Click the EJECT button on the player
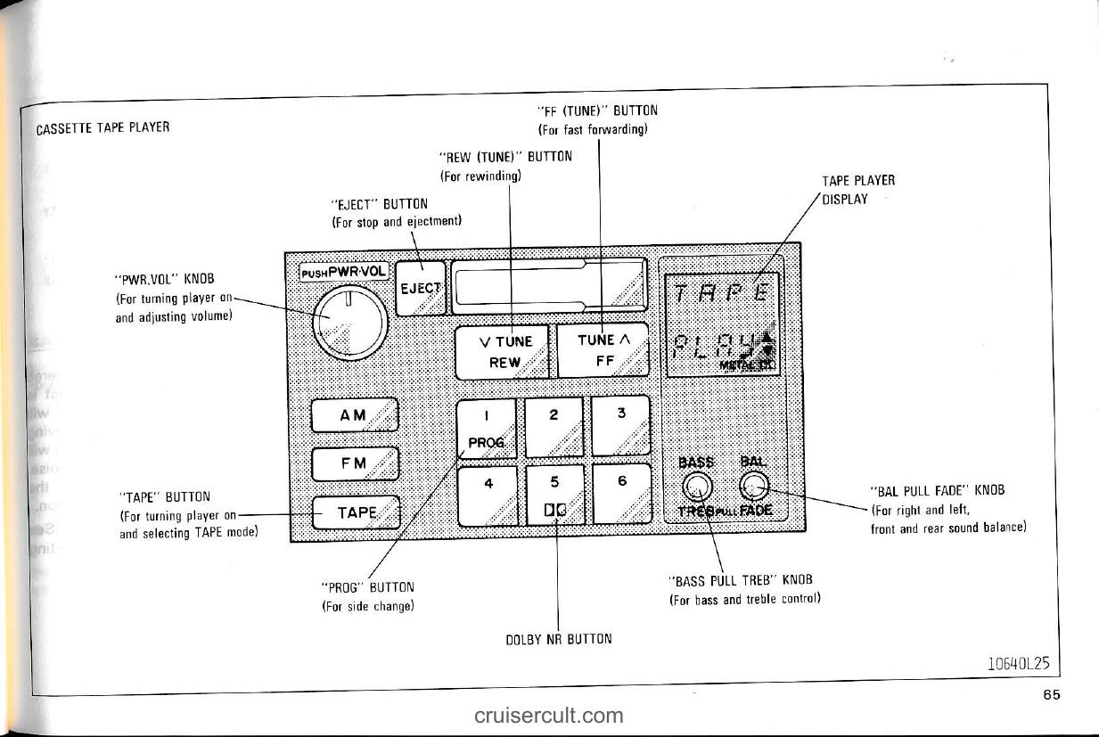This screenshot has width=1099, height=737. pos(420,288)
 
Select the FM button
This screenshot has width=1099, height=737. pos(354,463)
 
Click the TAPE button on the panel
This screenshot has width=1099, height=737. pos(355,512)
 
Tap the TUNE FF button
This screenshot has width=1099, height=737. pos(602,350)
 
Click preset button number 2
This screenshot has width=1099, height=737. pos(554,426)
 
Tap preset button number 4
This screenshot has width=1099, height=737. pos(488,495)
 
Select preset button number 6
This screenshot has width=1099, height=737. pos(621,493)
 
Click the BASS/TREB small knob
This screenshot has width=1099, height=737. pos(696,486)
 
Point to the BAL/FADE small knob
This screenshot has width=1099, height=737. pos(754,486)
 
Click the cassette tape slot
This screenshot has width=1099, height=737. pos(547,286)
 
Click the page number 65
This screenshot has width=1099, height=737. pos(1052,695)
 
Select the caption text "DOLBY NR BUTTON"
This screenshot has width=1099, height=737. pos(557,638)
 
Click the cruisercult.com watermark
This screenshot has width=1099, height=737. pos(549,715)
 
